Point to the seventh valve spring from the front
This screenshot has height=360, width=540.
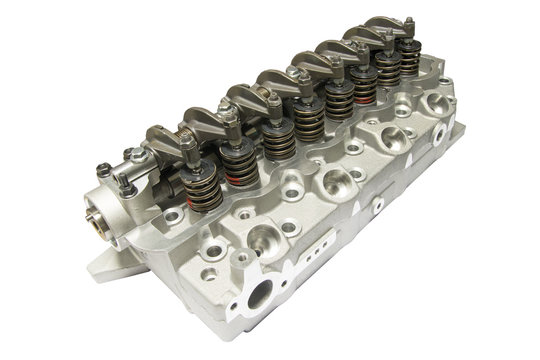click(386, 69)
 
